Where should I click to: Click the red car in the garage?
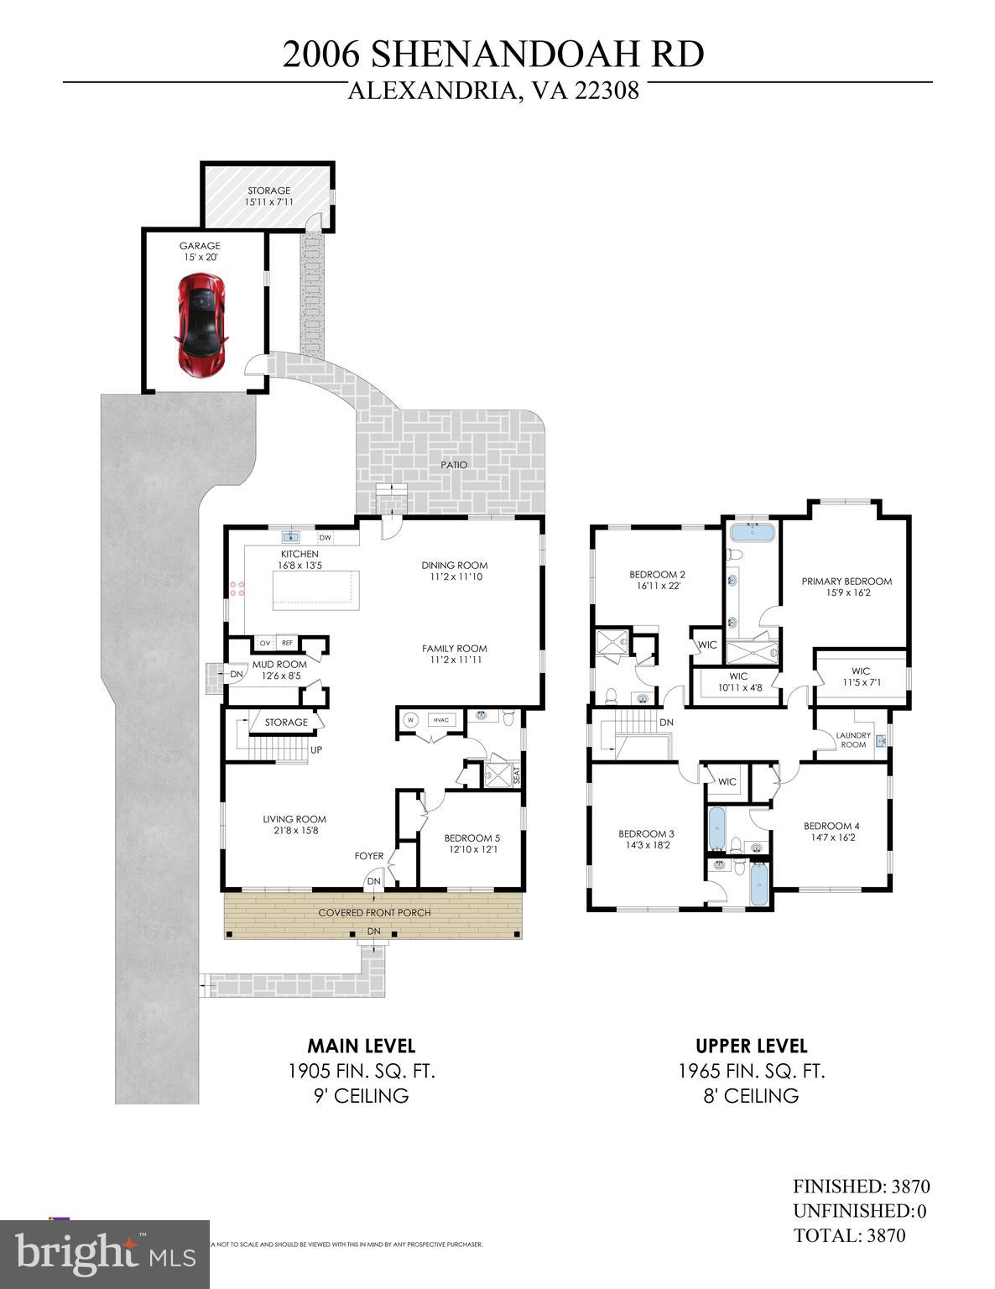tap(202, 324)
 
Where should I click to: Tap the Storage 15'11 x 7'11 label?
tap(268, 196)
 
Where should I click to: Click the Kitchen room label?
tap(300, 560)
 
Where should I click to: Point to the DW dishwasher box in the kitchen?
tap(326, 538)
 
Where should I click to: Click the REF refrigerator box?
tap(287, 643)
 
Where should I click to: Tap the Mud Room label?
tap(279, 670)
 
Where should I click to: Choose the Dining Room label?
tap(454, 571)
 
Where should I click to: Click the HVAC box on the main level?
tap(440, 720)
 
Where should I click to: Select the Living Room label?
tap(294, 825)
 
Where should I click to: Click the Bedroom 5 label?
tap(471, 843)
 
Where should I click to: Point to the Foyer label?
tap(369, 857)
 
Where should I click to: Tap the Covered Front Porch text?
tap(374, 913)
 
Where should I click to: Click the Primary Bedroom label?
tap(846, 587)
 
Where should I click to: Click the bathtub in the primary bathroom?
tap(752, 532)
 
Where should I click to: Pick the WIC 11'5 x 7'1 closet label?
tap(860, 676)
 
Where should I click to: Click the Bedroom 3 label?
tap(646, 839)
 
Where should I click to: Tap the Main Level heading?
tap(361, 1046)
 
